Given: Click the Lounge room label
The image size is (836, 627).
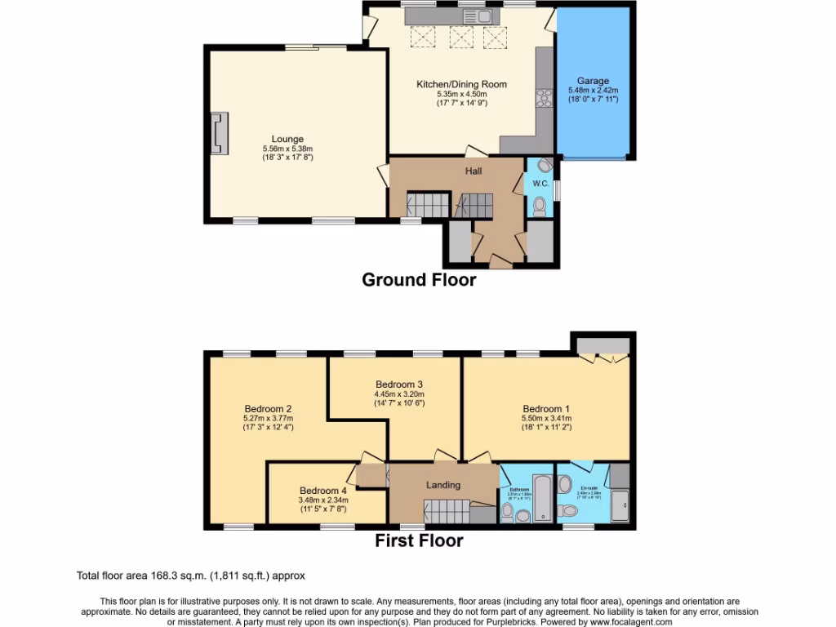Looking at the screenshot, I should pos(287,140).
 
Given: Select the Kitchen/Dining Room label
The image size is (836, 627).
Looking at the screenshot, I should pos(461,84).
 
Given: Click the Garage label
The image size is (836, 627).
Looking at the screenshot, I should pos(593,81).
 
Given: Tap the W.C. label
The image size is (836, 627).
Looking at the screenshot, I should pos(540,183).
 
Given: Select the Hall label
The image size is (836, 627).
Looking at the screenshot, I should pos(474,171).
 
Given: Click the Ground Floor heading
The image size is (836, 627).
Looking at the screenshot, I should pos(419,280).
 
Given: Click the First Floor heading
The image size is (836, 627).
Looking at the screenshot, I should pos(419,540).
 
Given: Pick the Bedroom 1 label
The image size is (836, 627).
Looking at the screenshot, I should pos(543,409).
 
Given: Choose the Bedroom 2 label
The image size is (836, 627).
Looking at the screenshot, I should pos(268,409).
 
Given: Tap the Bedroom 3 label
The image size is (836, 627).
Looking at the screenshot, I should pos(398,384).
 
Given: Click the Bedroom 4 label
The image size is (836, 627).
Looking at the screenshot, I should pos(322,491).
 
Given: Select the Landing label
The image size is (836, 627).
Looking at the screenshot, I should pos(443,485).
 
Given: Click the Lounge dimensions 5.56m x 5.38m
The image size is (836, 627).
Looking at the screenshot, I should pos(287,149).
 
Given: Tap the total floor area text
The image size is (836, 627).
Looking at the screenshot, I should pos(191,576).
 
